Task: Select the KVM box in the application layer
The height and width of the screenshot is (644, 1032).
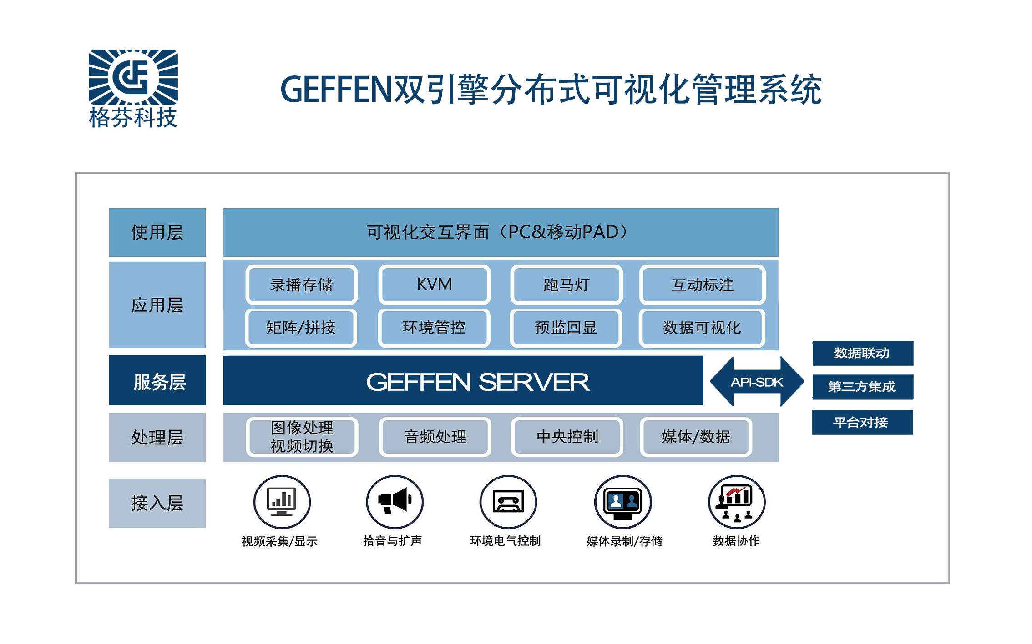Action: pyautogui.click(x=434, y=285)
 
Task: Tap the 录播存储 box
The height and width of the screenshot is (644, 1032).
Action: pyautogui.click(x=301, y=285)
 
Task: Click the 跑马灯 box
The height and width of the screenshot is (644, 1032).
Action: pyautogui.click(x=566, y=285)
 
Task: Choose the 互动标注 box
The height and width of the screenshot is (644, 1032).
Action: pyautogui.click(x=702, y=285)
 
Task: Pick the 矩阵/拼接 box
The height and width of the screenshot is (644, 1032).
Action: pyautogui.click(x=301, y=328)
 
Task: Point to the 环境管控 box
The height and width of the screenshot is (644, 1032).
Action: pyautogui.click(x=434, y=328)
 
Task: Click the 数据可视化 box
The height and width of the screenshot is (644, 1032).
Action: pyautogui.click(x=702, y=328)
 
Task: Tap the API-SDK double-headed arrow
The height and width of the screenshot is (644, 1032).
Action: pyautogui.click(x=757, y=382)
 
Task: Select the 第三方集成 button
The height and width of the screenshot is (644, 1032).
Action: pyautogui.click(x=862, y=387)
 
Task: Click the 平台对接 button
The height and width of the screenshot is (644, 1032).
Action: pyautogui.click(x=862, y=422)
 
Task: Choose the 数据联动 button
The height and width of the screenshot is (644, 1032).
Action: pyautogui.click(x=862, y=353)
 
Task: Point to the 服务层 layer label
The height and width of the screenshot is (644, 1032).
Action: pyautogui.click(x=157, y=381)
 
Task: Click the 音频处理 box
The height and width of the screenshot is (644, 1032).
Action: pyautogui.click(x=435, y=437)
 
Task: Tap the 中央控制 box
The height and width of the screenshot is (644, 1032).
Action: pyautogui.click(x=567, y=437)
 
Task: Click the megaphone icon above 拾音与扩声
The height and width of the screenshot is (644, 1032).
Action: pyautogui.click(x=395, y=502)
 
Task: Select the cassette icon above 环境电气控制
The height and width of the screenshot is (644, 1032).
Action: pyautogui.click(x=508, y=502)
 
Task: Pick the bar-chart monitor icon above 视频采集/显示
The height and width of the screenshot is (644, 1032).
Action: pyautogui.click(x=282, y=502)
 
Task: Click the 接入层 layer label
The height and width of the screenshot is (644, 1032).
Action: pyautogui.click(x=157, y=503)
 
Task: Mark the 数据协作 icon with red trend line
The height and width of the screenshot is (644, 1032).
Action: pyautogui.click(x=737, y=502)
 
